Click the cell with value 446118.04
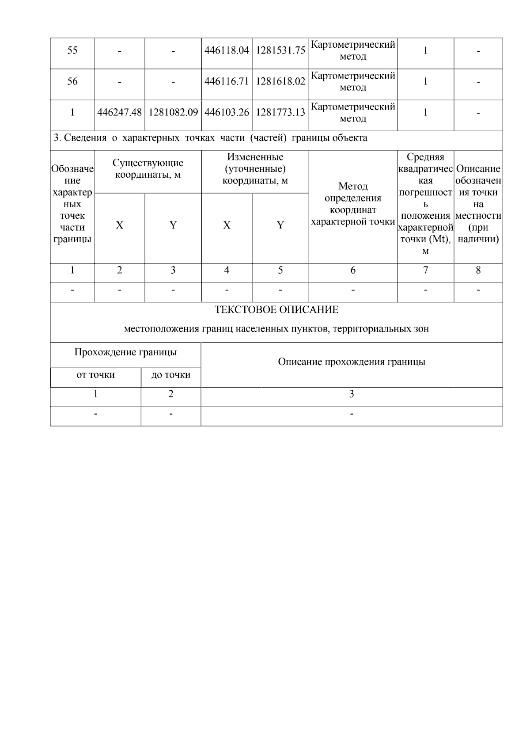pos(227,50)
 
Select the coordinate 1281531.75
pos(280,50)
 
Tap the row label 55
pos(72,50)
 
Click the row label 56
pos(72,81)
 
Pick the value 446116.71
pos(227,81)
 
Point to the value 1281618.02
pos(280,81)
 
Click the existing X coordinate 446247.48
pos(120,112)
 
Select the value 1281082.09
pos(173,112)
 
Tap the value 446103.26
pos(227,112)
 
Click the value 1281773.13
pos(280,112)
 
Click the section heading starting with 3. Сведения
pos(210,138)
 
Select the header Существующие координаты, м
pos(148,169)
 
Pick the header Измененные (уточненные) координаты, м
pos(255,169)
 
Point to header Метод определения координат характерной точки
pos(353,204)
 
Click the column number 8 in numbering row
pos(478,270)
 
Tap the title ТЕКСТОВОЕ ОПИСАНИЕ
pos(276,310)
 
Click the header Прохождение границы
pos(125,352)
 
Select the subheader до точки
pos(171,375)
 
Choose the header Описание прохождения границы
pos(352,362)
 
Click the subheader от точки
pos(95,375)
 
